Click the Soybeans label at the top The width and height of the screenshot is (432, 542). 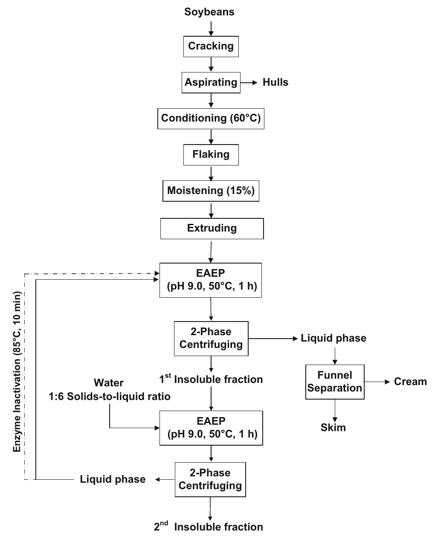[x=209, y=12]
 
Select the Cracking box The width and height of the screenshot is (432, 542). [x=211, y=46]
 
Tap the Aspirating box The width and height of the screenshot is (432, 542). [x=211, y=82]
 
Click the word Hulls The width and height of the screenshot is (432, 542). [x=275, y=82]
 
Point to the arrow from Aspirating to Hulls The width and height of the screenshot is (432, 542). [x=249, y=82]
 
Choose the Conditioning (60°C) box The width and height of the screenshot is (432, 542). [x=211, y=118]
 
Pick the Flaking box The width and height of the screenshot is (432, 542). [x=211, y=154]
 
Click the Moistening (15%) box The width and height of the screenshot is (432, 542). [x=211, y=191]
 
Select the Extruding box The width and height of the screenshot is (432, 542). [x=212, y=228]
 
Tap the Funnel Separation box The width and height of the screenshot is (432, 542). [x=335, y=382]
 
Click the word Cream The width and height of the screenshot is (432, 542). [x=410, y=382]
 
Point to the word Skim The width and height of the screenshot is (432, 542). [x=333, y=428]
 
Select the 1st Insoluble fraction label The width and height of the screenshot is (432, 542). [x=211, y=379]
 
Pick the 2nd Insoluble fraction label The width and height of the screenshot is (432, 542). [x=209, y=527]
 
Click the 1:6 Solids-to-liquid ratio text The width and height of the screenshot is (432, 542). [x=109, y=397]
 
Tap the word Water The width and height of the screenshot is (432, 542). [x=109, y=383]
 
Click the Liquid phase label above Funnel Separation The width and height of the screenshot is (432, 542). [x=333, y=338]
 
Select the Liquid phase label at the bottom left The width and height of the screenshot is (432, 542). [x=113, y=479]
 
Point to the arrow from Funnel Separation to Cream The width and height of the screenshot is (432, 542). [x=377, y=382]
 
